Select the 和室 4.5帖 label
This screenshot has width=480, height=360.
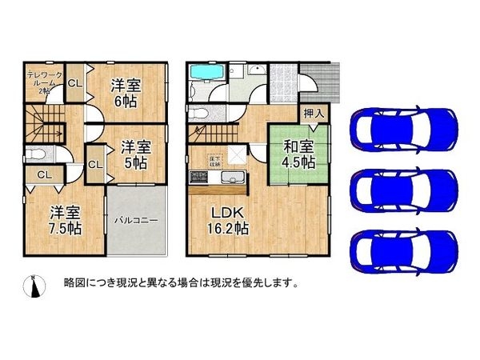(x=298, y=154)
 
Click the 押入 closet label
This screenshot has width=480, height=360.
(x=314, y=114)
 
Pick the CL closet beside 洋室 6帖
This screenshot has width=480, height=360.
(x=73, y=83)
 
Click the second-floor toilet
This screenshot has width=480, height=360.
(x=37, y=154)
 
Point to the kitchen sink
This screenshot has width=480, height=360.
(x=229, y=177)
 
